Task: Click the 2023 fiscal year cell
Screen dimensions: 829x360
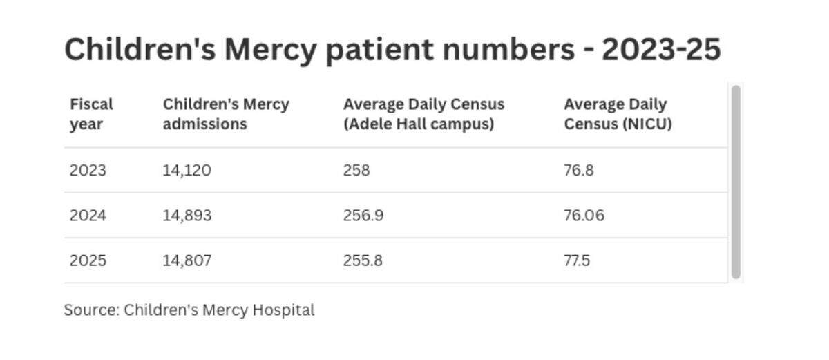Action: point(88,171)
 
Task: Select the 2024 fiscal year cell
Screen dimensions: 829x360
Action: point(88,216)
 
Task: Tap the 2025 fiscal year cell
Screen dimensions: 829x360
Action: point(88,260)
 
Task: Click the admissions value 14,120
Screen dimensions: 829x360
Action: point(187,171)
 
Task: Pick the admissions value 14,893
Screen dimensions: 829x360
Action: point(187,216)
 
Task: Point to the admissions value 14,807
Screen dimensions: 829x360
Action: point(187,261)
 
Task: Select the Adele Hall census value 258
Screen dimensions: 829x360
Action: point(356,171)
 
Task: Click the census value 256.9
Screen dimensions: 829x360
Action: point(363,216)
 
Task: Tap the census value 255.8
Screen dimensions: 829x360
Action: point(363,260)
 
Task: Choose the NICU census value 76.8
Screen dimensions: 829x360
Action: point(578,171)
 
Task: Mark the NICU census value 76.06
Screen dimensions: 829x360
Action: point(584,216)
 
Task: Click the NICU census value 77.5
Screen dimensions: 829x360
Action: point(577,260)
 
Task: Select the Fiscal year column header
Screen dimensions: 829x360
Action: point(91,114)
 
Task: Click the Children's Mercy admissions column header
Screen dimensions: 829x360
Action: point(226,114)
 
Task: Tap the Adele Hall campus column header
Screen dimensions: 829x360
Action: point(423,114)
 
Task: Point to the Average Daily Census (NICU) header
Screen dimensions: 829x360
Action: point(618,114)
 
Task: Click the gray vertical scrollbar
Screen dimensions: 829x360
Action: point(736,182)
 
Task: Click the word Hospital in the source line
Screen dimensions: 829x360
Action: point(283,310)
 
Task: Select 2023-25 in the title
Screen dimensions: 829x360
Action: point(661,50)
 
